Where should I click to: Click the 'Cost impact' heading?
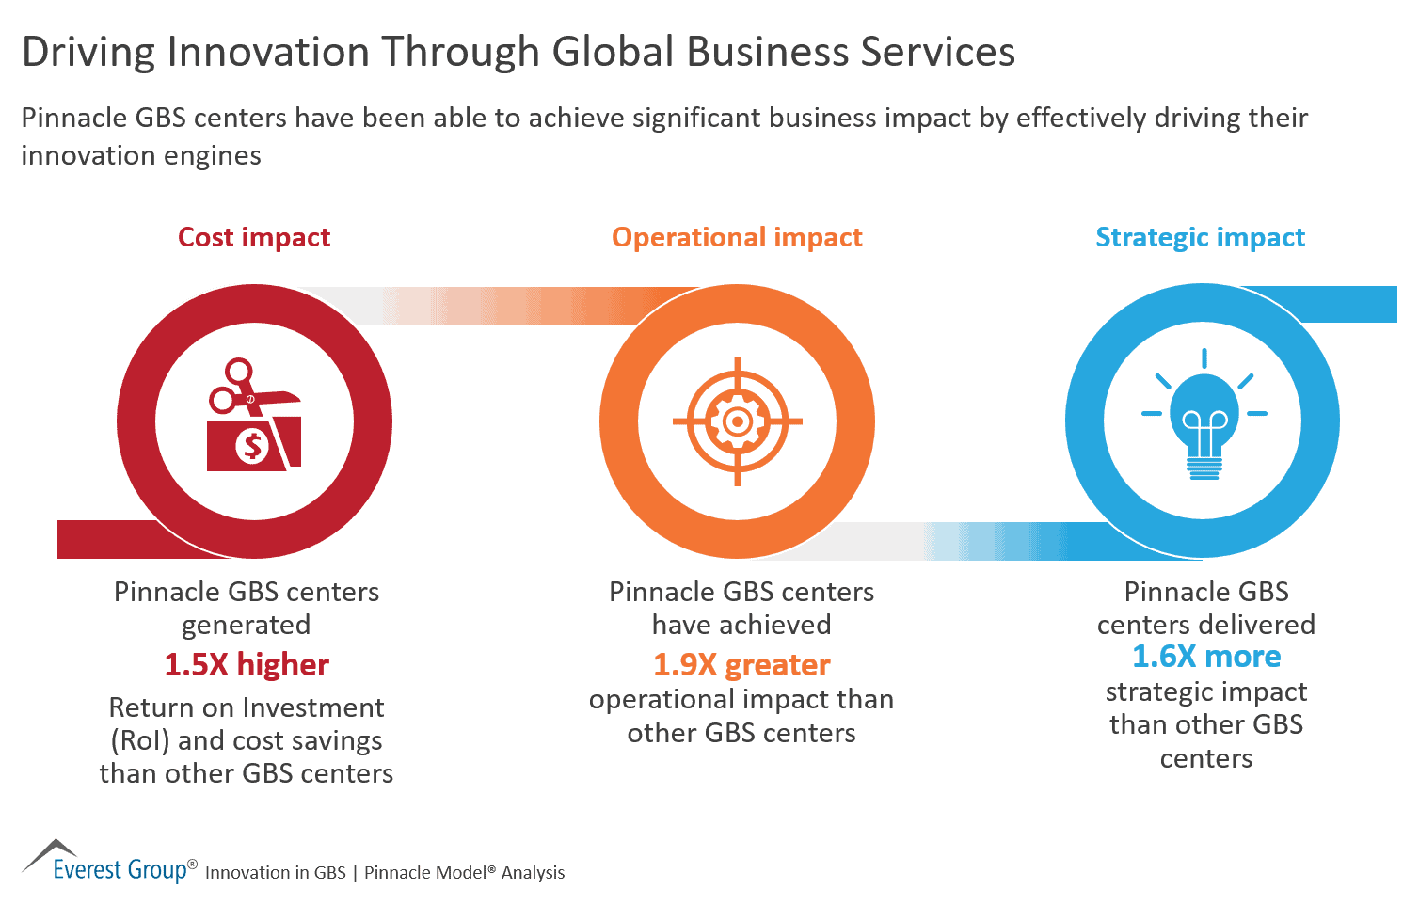point(254,237)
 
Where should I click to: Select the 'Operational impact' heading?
point(737,237)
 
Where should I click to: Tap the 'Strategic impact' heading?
point(1200,237)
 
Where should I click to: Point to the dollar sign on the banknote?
point(252,445)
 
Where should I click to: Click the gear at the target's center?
point(737,421)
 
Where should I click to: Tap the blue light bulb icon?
point(1204,419)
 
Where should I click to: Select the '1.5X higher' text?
point(247,665)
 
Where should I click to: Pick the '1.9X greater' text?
point(741,665)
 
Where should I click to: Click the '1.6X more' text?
point(1205,657)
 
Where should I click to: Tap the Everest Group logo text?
point(120,869)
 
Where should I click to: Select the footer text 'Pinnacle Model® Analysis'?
point(464,873)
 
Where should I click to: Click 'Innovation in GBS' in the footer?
point(276,873)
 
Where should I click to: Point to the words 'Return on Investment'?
point(247,707)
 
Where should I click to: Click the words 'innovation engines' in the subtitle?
point(141,155)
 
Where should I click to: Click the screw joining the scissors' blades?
point(250,400)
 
